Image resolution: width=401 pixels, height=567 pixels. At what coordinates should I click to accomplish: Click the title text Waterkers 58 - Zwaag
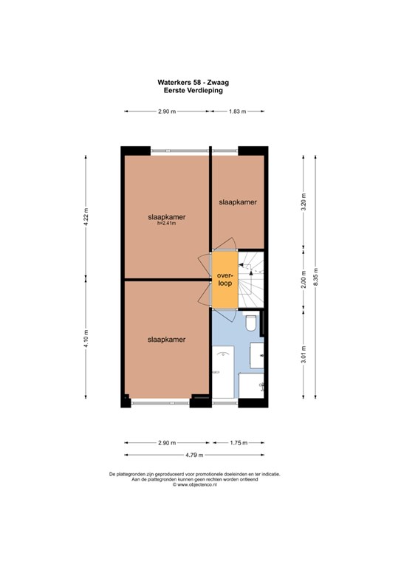coord(193,83)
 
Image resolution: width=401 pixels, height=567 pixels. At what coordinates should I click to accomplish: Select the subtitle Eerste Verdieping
coord(193,90)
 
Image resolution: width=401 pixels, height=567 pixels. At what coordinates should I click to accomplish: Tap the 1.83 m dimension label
coord(237,111)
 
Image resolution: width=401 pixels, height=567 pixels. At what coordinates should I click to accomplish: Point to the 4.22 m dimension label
coord(86,217)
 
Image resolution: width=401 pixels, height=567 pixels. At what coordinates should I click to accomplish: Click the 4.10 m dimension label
coord(86,338)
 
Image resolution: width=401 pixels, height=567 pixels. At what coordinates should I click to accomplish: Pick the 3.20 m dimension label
coord(304,202)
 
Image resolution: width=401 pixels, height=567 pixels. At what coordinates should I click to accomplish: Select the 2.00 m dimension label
coord(304,279)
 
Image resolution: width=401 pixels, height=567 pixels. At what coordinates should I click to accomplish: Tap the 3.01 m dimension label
coord(304,354)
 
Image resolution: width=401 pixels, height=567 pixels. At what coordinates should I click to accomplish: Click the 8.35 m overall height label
coord(315,277)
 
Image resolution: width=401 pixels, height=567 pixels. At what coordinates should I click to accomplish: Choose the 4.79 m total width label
coord(194,455)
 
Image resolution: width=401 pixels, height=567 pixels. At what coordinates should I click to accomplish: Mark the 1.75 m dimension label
coord(239,443)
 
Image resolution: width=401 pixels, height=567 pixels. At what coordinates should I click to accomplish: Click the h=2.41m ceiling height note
coord(167,224)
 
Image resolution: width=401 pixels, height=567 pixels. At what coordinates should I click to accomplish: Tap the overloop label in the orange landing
coord(225,279)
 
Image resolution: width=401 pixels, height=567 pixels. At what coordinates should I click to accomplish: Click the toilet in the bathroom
coord(251,322)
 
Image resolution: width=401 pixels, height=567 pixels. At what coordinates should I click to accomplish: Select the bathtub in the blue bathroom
coord(223,372)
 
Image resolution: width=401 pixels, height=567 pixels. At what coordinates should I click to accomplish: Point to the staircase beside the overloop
coord(251,279)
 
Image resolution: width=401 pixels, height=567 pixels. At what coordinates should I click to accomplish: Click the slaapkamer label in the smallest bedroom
coord(238,202)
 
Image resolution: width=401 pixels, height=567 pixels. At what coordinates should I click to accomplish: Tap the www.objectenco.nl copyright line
coord(194,484)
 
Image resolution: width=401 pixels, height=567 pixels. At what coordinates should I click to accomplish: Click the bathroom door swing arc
coord(231,317)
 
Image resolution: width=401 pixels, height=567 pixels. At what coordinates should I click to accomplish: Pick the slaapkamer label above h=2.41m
coord(167,217)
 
